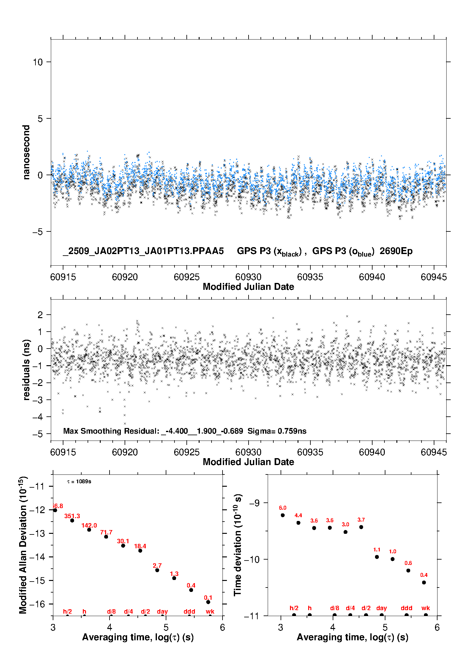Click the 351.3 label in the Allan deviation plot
(x=72, y=516)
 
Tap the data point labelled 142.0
(x=89, y=530)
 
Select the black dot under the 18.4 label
(x=140, y=550)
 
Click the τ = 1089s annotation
(x=79, y=482)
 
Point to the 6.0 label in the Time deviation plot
(x=282, y=508)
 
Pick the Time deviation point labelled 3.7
(x=361, y=527)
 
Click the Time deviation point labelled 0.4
(x=424, y=582)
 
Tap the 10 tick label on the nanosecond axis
(x=38, y=62)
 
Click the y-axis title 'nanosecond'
(x=26, y=152)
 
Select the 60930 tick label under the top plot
(x=248, y=277)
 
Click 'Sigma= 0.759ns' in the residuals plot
(x=277, y=431)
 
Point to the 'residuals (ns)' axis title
(x=26, y=370)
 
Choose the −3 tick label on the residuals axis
(x=38, y=400)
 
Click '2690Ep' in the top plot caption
(x=396, y=251)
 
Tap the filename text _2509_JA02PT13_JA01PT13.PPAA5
(x=143, y=251)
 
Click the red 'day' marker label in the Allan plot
(x=162, y=611)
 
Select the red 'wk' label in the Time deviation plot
(x=426, y=608)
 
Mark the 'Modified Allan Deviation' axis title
(x=23, y=545)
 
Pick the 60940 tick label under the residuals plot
(x=372, y=452)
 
